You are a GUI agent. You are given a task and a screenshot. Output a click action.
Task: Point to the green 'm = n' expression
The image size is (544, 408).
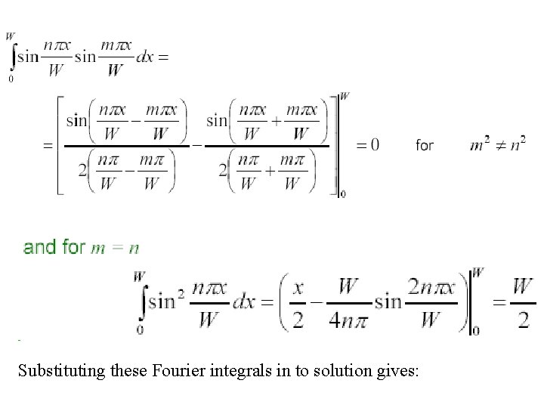tap(115, 248)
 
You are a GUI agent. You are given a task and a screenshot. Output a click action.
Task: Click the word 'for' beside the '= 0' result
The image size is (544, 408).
tap(425, 144)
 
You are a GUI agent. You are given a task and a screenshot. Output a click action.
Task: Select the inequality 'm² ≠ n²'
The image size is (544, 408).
tap(496, 144)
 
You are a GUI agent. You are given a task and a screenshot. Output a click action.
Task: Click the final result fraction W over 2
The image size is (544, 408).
tap(522, 302)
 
